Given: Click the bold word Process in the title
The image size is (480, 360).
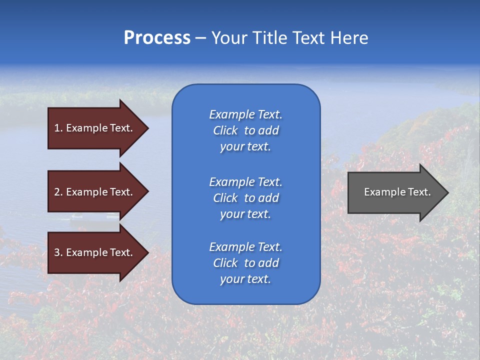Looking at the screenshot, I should (157, 38).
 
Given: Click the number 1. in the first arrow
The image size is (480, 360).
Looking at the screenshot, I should (58, 128).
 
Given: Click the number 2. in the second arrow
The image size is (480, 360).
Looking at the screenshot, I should (58, 192).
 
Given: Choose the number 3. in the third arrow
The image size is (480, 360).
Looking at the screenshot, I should (58, 252).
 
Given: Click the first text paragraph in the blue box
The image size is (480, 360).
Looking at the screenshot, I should (245, 130).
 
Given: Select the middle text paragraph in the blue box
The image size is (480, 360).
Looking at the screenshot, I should (245, 198).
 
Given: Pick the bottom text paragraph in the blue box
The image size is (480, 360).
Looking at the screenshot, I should (245, 263).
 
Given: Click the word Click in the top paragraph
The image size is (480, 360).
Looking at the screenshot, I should (225, 130).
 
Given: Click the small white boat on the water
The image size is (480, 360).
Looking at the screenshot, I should (77, 216).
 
